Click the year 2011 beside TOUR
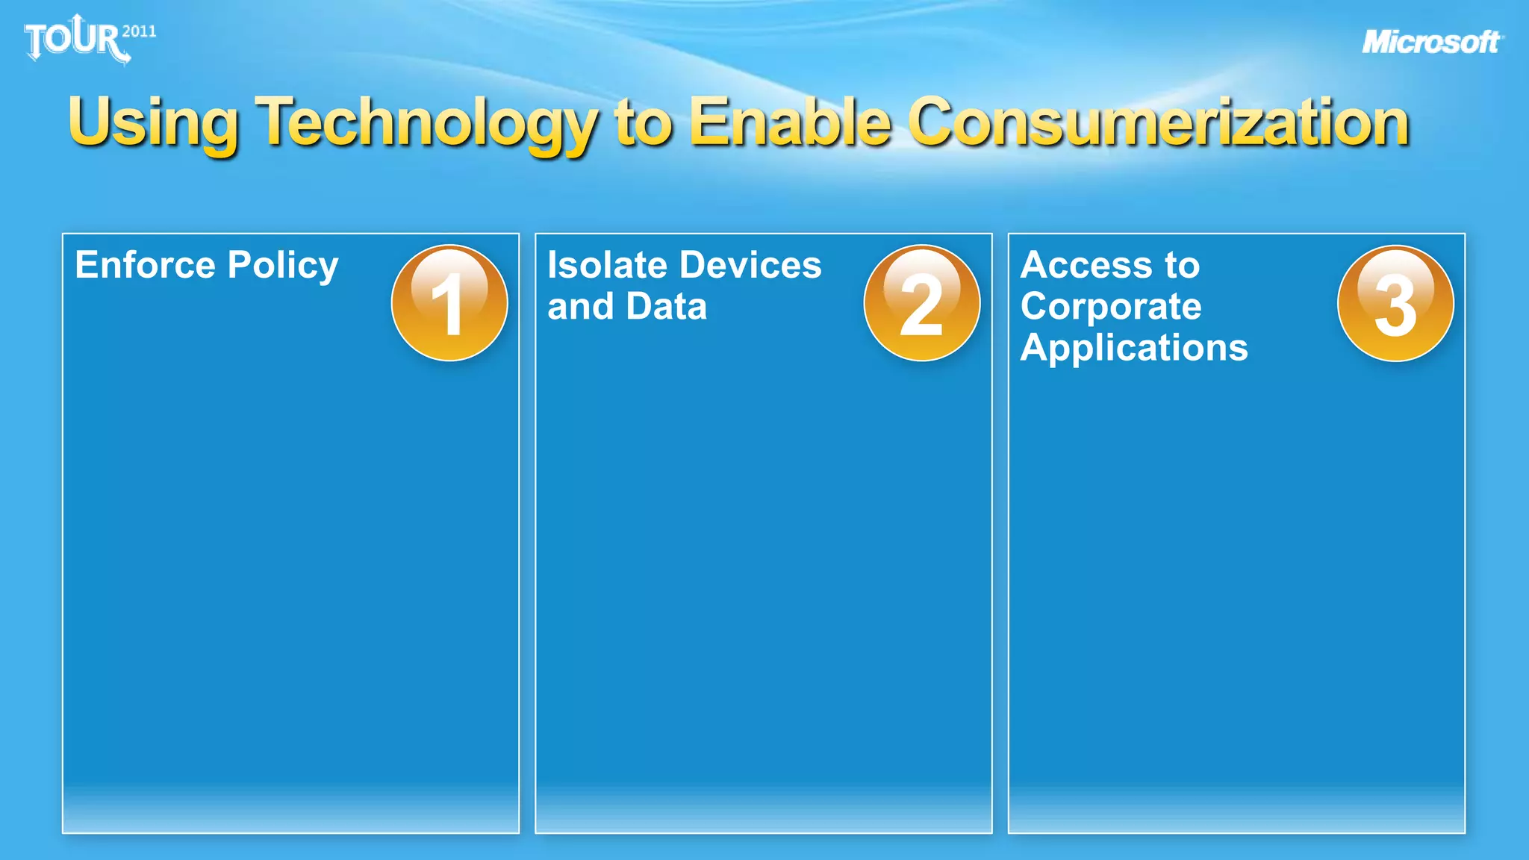139,31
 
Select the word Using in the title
153,123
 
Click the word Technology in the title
426,123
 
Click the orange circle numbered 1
449,303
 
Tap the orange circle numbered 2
922,303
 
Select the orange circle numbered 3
1395,303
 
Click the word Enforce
145,265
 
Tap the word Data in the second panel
667,306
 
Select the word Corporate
1111,307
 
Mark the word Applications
1134,349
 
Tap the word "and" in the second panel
580,306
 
